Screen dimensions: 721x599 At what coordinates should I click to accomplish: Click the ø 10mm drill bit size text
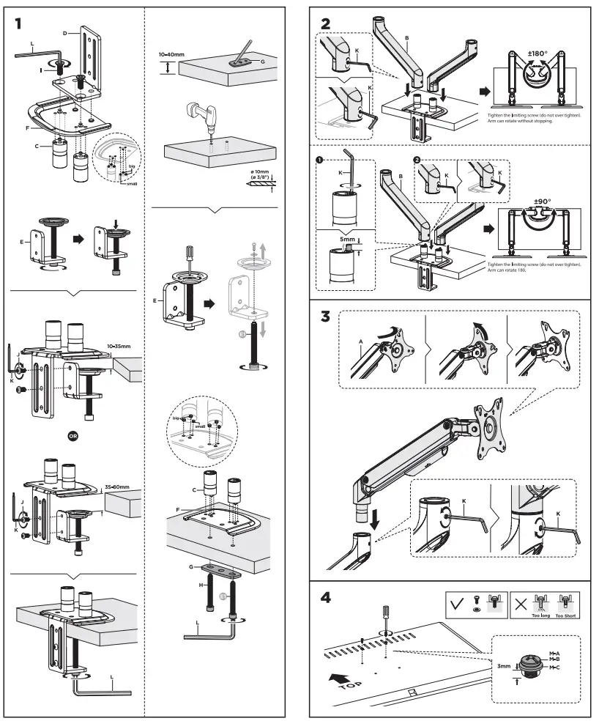pyautogui.click(x=261, y=174)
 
